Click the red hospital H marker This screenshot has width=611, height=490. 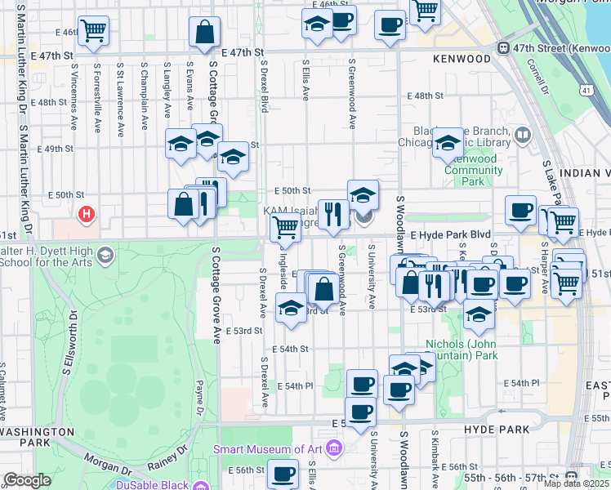(86, 216)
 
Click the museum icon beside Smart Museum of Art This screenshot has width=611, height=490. (333, 448)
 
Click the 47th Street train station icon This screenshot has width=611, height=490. (504, 48)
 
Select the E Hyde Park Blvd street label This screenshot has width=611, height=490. (451, 234)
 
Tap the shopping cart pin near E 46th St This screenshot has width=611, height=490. (93, 31)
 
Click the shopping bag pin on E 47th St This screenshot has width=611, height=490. (204, 33)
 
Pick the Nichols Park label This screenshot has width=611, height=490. (462, 350)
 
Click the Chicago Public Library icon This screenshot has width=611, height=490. (523, 133)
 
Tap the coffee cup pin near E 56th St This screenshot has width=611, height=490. (283, 474)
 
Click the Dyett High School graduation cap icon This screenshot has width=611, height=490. (105, 256)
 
